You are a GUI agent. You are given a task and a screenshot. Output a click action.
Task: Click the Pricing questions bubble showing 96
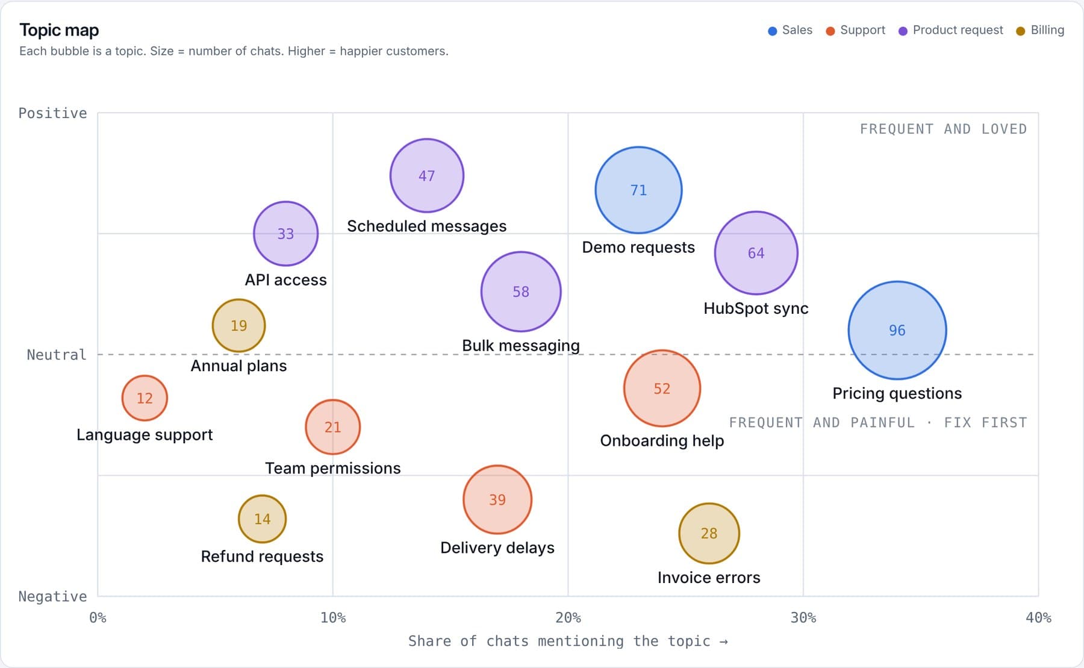[897, 330]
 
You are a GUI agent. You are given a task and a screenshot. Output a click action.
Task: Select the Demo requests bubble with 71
[638, 190]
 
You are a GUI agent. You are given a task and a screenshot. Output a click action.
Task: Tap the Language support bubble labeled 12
[145, 398]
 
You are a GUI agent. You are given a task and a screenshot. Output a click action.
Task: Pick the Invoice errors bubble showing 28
[709, 533]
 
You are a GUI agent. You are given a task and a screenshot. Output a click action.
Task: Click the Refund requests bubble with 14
[262, 519]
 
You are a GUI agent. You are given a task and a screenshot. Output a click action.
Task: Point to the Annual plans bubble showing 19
[238, 325]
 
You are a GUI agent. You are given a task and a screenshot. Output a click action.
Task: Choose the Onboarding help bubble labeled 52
[662, 389]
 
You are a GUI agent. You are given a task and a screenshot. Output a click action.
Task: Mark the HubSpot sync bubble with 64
[756, 253]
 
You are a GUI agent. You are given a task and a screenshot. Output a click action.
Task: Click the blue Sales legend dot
[773, 31]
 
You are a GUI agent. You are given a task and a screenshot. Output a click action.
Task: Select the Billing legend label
[1047, 30]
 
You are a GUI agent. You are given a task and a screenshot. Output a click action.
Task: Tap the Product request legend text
[958, 30]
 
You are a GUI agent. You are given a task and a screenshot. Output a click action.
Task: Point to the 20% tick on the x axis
[568, 617]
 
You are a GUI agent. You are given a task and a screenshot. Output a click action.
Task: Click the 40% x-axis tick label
[1038, 617]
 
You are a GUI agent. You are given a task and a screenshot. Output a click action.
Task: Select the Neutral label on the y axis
[57, 355]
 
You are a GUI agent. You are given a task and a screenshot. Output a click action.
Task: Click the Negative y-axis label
[52, 596]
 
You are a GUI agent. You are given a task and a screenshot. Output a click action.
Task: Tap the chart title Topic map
[59, 30]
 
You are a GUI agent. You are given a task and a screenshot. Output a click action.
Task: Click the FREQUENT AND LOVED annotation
[943, 129]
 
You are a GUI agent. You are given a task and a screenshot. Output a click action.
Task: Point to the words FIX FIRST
[985, 422]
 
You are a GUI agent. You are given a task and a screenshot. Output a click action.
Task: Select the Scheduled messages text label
[426, 226]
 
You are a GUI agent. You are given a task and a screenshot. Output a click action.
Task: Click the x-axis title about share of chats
[568, 641]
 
